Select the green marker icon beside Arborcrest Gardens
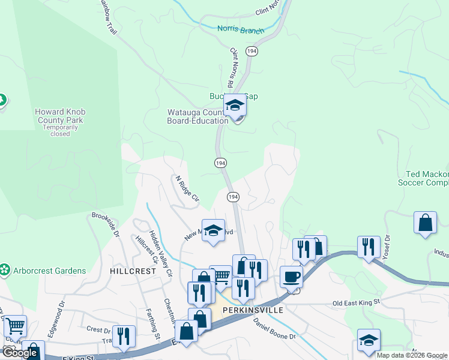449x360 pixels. pos(5,271)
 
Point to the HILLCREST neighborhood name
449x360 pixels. pos(133,271)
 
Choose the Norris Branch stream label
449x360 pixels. pos(240,29)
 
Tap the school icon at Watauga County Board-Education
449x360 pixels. pos(235,106)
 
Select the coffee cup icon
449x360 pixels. pos(291,277)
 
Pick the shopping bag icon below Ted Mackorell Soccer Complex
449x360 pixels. pos(425,222)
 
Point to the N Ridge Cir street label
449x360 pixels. pos(187,188)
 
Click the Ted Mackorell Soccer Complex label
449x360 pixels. pos(424,178)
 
